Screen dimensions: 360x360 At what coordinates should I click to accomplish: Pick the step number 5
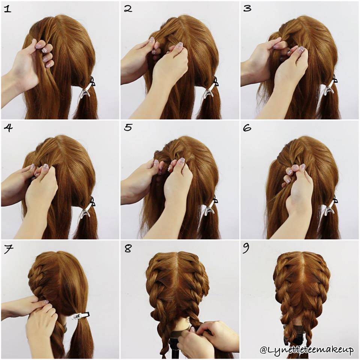tap(128, 128)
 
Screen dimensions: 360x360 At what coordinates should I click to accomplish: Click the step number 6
tap(247, 128)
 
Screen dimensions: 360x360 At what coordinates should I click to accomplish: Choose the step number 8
tap(128, 249)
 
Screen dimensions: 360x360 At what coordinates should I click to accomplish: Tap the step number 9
tap(247, 249)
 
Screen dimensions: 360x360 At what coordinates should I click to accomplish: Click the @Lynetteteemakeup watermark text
tap(307, 350)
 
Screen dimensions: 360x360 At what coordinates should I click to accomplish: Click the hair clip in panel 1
tap(87, 88)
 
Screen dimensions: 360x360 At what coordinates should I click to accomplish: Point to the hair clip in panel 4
tap(87, 208)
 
